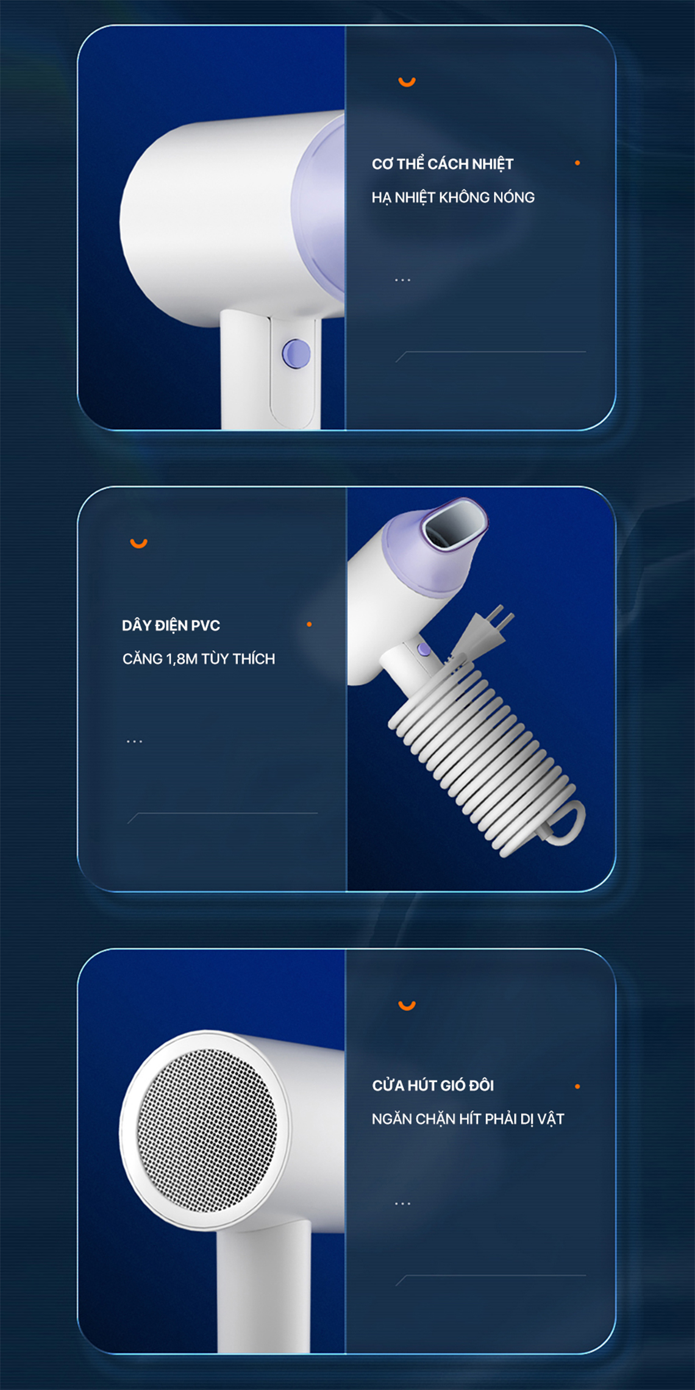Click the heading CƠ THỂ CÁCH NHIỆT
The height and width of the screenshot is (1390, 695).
point(443,163)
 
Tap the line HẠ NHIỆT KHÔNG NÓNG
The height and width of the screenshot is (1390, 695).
point(453,198)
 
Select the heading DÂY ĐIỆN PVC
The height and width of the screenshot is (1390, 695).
point(171,625)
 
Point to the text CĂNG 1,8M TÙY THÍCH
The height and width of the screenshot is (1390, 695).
point(199,658)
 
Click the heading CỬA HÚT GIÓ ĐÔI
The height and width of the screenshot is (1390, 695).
point(433,1085)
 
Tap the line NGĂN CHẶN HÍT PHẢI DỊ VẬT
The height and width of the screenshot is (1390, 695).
point(468,1119)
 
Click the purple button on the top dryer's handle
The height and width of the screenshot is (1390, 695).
point(296,354)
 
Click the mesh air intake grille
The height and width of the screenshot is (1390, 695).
point(207,1130)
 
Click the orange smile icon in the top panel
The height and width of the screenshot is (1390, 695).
point(407,82)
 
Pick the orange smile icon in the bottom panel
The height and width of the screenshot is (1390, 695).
point(407,1005)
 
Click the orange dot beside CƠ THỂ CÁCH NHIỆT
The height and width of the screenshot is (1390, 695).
point(577,163)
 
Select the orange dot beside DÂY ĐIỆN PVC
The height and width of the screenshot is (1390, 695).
point(309,624)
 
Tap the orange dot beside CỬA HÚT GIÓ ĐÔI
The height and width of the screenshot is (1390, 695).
point(577,1086)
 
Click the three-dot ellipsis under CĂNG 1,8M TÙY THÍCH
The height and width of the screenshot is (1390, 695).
point(134,741)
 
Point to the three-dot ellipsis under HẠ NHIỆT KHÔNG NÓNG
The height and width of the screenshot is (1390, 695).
point(402,280)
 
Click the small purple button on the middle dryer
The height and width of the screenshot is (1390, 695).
point(423,650)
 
